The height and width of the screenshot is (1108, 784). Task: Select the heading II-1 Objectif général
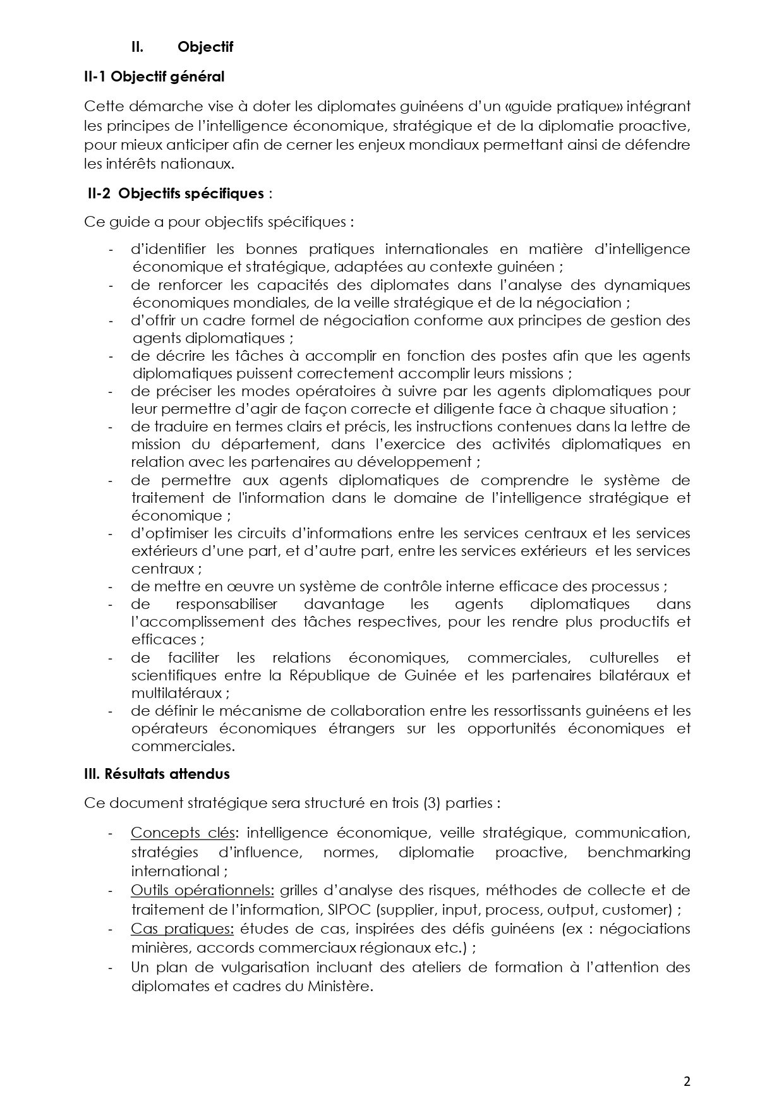pos(154,77)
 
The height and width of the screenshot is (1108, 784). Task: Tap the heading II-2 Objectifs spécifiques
pos(175,193)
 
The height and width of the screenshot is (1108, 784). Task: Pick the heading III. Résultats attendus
pos(157,774)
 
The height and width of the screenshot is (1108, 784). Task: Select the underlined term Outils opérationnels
pos(202,890)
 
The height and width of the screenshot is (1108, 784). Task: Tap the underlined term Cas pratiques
pos(183,929)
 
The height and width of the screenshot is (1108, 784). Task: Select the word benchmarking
pos(639,852)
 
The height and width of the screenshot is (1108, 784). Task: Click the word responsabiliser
pos(214,604)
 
